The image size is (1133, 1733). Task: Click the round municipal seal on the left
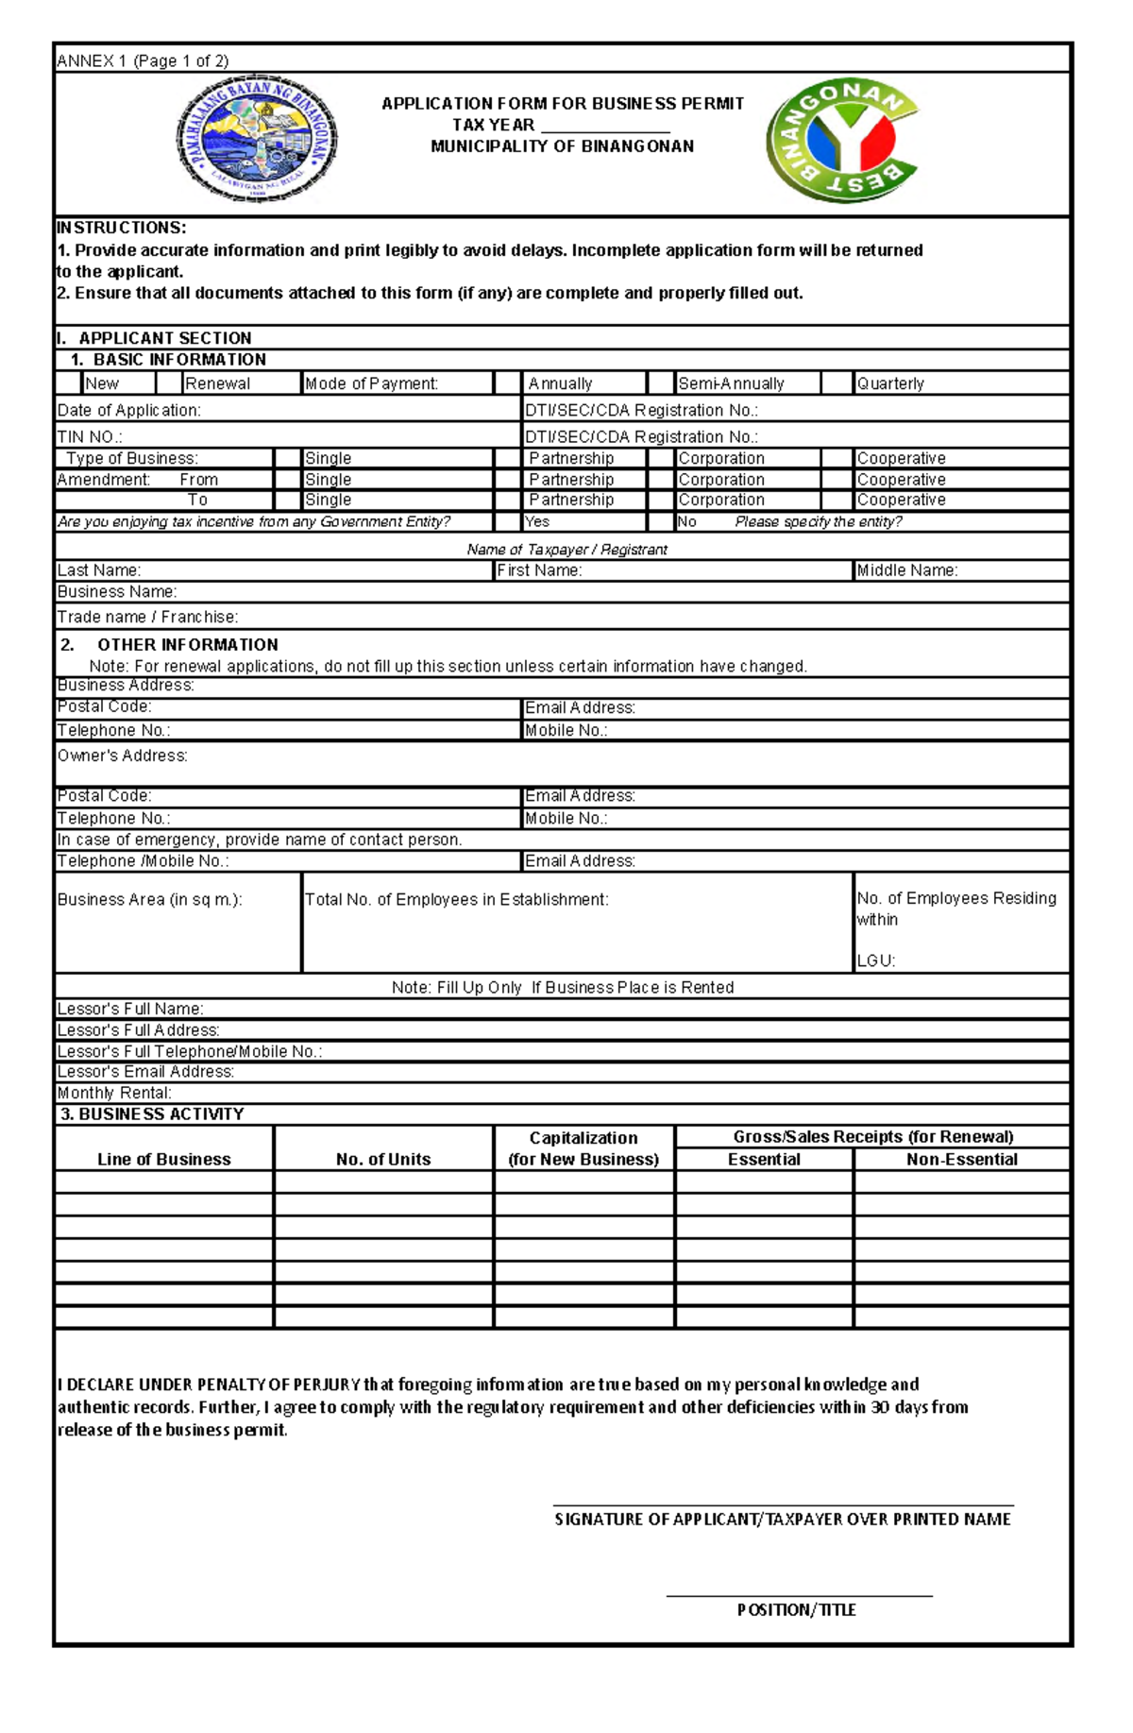(x=257, y=139)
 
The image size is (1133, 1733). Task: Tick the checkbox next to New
(x=69, y=383)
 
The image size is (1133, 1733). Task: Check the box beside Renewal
(x=169, y=383)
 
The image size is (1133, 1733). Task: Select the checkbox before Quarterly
(x=837, y=383)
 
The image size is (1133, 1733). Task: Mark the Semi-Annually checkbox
(x=660, y=383)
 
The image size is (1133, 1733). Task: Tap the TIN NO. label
(x=90, y=436)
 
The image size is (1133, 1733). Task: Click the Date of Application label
(x=129, y=410)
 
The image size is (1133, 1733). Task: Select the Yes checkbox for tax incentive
(x=508, y=521)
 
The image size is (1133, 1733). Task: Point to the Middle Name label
(x=906, y=570)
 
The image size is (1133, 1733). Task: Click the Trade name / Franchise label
(x=147, y=617)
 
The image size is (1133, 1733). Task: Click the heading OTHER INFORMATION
(x=187, y=645)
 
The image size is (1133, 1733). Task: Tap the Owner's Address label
(x=123, y=756)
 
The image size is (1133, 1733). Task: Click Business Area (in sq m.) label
(x=150, y=899)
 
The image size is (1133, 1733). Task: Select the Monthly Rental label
(x=114, y=1093)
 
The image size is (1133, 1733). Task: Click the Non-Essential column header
(x=961, y=1160)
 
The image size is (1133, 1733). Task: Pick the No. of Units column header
(x=383, y=1160)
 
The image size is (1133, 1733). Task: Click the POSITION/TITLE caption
(x=796, y=1609)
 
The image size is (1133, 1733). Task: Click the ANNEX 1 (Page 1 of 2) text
(x=143, y=61)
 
